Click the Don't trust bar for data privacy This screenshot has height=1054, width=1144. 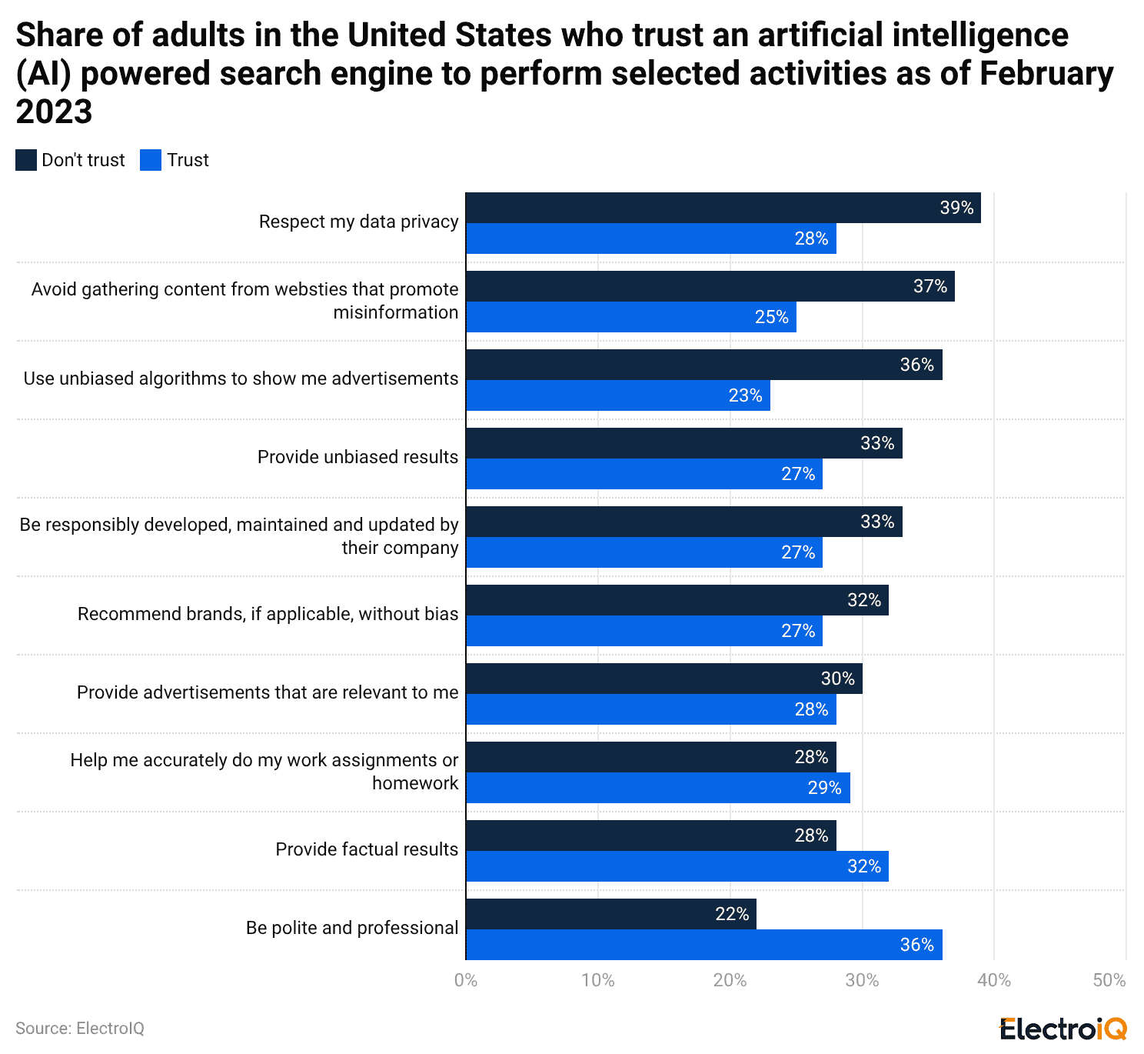coord(723,208)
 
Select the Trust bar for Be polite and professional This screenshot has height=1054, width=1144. coord(703,945)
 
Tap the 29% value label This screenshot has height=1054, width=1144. coord(824,788)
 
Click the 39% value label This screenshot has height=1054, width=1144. coord(956,208)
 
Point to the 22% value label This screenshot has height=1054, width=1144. coord(731,914)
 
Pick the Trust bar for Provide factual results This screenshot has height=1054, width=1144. coord(677,866)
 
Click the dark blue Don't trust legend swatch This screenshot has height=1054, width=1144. coord(26,160)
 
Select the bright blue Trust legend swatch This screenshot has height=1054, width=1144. coord(151,160)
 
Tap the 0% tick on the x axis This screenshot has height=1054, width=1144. coord(466,980)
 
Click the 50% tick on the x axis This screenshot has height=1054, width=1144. coord(1109,980)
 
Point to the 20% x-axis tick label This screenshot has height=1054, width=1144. coord(730,980)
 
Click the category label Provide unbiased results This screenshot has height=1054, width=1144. coord(357,457)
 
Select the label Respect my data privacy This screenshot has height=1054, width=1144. coord(358,222)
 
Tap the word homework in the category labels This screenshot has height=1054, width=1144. coord(415,783)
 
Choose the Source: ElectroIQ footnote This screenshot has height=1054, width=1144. coord(80,1029)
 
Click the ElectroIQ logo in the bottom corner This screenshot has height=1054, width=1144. coord(1063,1028)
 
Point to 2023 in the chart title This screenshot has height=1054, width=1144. coord(54,112)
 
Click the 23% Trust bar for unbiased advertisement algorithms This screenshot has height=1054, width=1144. coord(617,395)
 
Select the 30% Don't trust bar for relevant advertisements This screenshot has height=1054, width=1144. coord(663,679)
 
